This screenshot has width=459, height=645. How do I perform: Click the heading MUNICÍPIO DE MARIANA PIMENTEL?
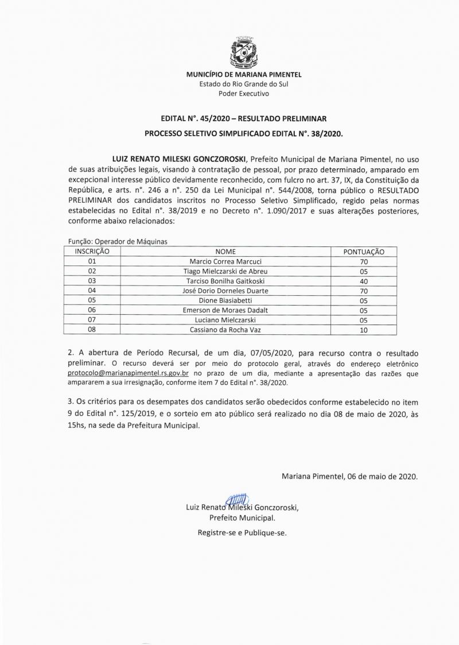244,75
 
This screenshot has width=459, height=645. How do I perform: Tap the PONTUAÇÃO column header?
364,252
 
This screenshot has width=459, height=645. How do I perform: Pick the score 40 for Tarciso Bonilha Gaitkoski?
364,281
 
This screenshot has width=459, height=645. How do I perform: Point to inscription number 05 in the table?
92,300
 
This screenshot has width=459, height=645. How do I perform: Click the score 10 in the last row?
364,330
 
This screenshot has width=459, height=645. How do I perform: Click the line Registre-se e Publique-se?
242,532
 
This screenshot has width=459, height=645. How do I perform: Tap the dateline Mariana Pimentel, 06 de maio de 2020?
349,476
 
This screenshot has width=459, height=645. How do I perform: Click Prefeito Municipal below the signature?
242,517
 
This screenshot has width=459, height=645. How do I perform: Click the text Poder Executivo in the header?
244,93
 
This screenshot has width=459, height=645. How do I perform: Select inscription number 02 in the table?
92,271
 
